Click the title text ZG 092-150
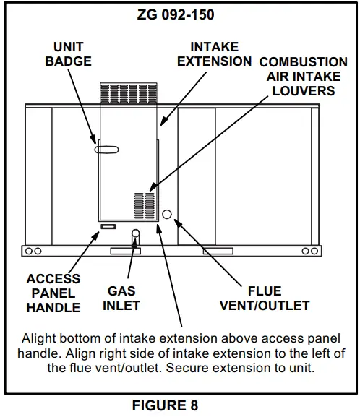tap(179, 14)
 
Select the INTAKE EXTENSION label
tap(214, 54)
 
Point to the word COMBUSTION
tap(303, 63)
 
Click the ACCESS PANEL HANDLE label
tap(53, 293)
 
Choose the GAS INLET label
tap(122, 298)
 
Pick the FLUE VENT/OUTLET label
tap(264, 298)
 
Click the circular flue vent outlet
tap(167, 215)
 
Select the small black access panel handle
tap(107, 227)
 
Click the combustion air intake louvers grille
tap(145, 205)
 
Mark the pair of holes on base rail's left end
tap(32, 251)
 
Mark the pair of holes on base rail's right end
tap(309, 251)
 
